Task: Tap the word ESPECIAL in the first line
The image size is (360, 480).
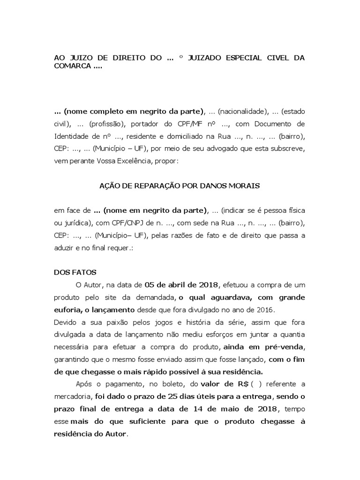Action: pyautogui.click(x=244, y=58)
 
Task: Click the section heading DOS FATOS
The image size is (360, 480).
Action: pyautogui.click(x=75, y=271)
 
